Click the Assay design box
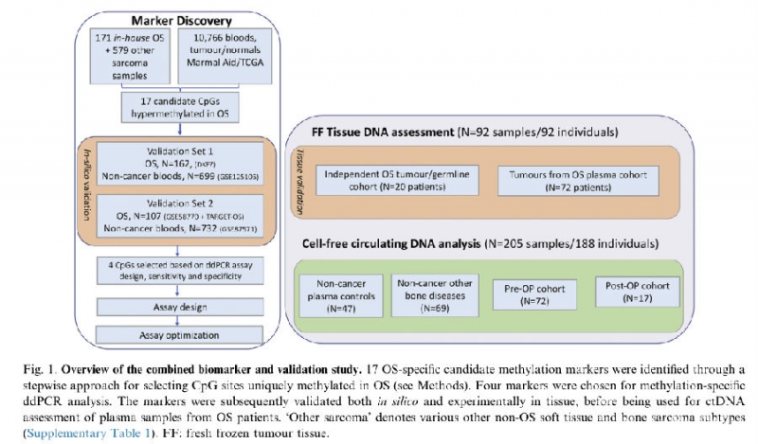tap(176, 308)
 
